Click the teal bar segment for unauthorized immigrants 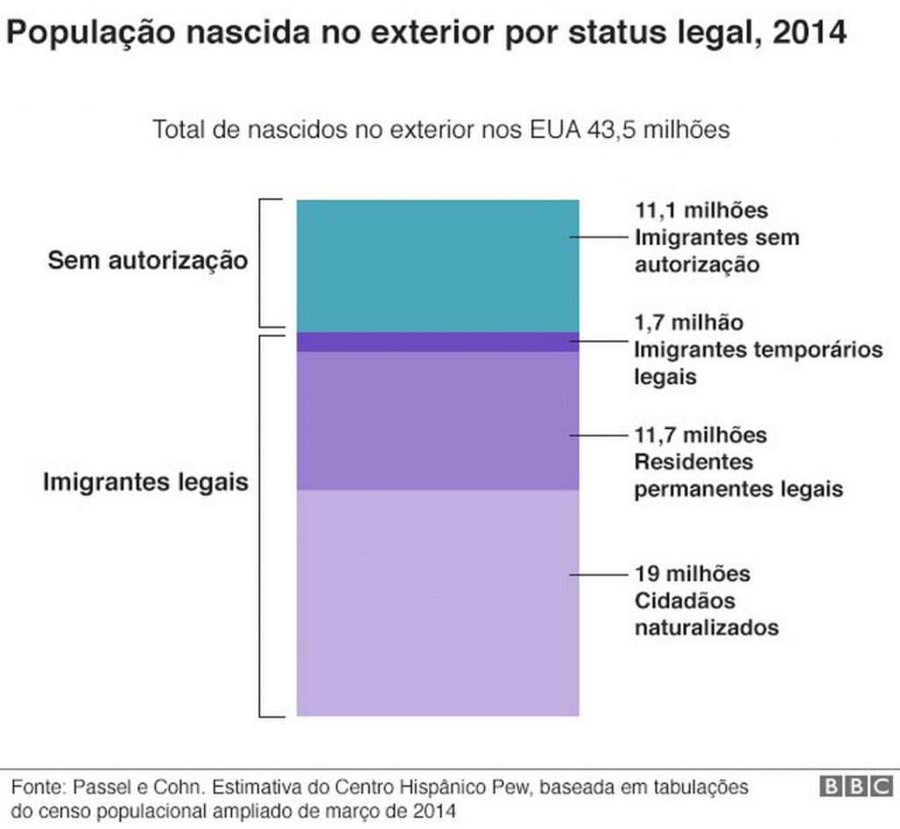pyautogui.click(x=437, y=265)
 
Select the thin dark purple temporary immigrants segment pyautogui.click(x=437, y=342)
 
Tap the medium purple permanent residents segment pyautogui.click(x=437, y=420)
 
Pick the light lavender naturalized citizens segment pyautogui.click(x=437, y=602)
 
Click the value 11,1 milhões pyautogui.click(x=700, y=211)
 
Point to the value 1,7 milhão pyautogui.click(x=688, y=323)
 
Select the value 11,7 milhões pyautogui.click(x=700, y=435)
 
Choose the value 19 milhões pyautogui.click(x=693, y=574)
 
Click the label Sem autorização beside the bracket pyautogui.click(x=148, y=260)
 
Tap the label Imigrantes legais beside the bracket pyautogui.click(x=146, y=483)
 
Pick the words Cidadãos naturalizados pyautogui.click(x=706, y=614)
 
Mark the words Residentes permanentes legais pyautogui.click(x=738, y=476)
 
